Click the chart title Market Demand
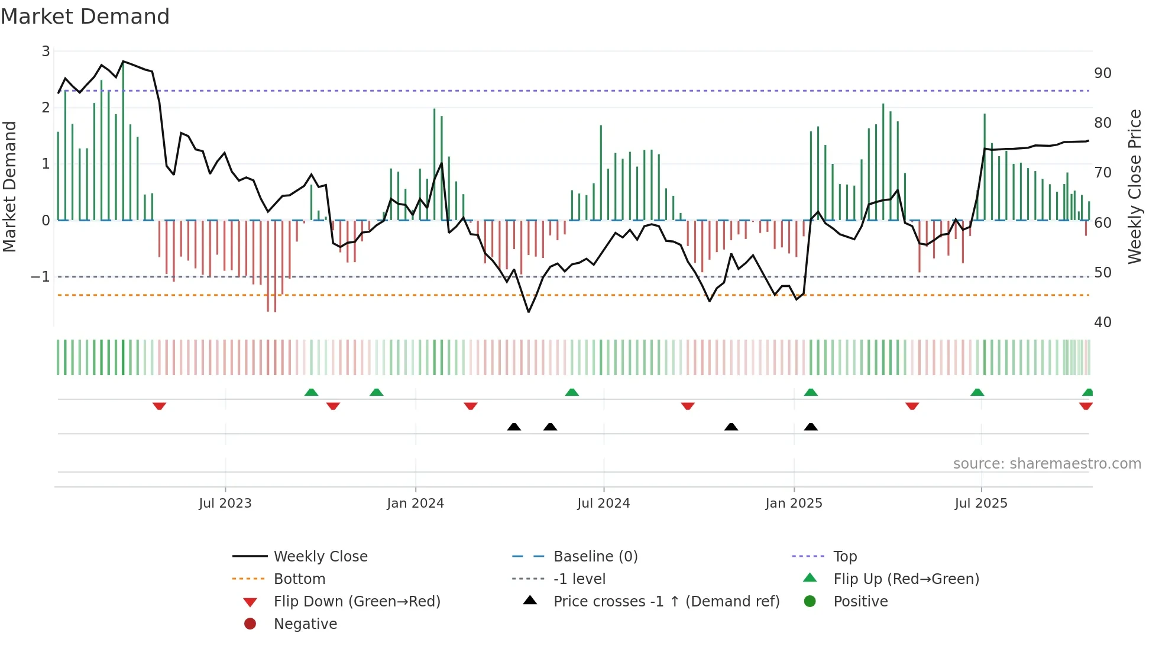point(85,17)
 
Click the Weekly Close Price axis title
point(1134,186)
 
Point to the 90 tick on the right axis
point(1102,73)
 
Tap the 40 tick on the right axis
point(1102,322)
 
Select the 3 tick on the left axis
point(46,51)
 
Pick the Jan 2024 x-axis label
point(415,503)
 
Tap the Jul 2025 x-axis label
point(980,503)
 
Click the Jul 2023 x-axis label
point(225,503)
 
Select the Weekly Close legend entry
point(320,557)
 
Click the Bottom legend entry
point(299,579)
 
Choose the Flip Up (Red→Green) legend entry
point(906,579)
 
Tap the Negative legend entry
point(305,624)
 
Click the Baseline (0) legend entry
point(595,557)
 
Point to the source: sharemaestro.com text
point(1047,464)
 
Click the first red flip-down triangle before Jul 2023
point(159,406)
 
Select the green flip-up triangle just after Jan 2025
point(811,392)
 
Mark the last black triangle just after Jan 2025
point(811,427)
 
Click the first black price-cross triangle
point(514,427)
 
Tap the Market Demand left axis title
point(9,186)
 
